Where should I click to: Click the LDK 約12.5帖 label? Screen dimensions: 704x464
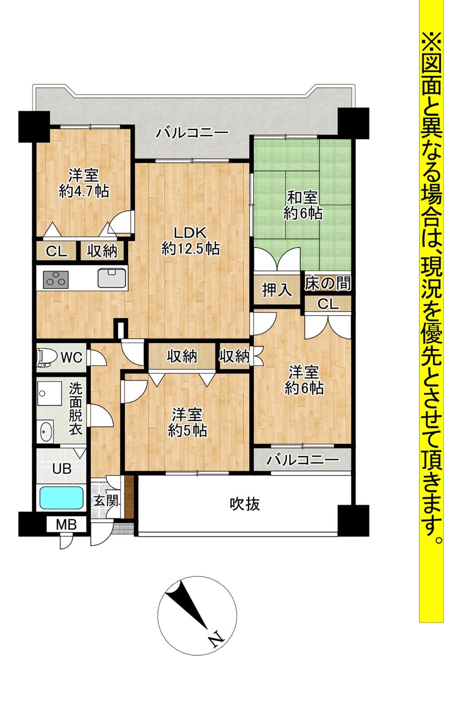tap(190, 240)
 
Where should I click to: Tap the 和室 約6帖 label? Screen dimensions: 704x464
tap(303, 205)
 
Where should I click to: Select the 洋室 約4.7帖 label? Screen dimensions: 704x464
tap(84, 184)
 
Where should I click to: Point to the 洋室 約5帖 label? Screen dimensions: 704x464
tap(187, 422)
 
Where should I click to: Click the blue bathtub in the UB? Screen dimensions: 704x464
tap(61, 497)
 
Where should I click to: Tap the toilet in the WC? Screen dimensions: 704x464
tap(47, 356)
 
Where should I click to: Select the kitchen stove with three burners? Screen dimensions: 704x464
tap(56, 279)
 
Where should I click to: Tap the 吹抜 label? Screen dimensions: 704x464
tap(245, 504)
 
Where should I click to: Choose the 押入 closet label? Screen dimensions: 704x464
tap(277, 290)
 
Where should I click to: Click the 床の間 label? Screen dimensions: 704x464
tap(327, 283)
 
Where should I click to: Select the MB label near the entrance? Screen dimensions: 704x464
tap(67, 525)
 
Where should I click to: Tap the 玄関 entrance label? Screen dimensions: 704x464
tap(106, 501)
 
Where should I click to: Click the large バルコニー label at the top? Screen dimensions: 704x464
tap(192, 134)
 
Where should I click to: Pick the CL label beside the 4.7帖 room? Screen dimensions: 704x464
tap(57, 252)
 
